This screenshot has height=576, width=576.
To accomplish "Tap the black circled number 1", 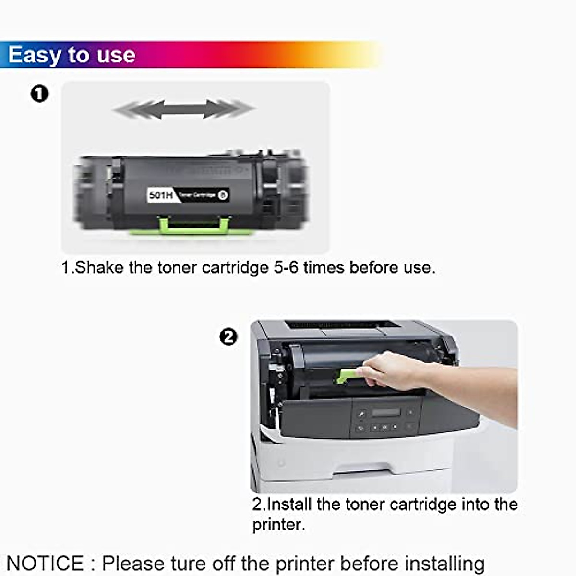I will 39,93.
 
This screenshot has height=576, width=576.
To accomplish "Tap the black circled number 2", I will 228,336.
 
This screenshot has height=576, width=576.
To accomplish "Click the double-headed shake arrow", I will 184,109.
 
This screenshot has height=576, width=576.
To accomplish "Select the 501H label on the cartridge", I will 161,195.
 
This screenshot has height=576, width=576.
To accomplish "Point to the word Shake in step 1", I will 99,267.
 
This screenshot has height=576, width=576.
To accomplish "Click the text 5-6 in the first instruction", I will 286,267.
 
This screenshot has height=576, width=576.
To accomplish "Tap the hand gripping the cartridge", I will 389,372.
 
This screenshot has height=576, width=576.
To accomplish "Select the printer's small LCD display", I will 386,412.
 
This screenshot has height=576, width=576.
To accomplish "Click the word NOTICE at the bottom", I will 46,563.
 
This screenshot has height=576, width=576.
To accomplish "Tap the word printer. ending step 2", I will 278,525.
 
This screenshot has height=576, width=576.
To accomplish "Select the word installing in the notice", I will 444,563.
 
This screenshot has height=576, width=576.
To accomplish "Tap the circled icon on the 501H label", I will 222,195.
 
